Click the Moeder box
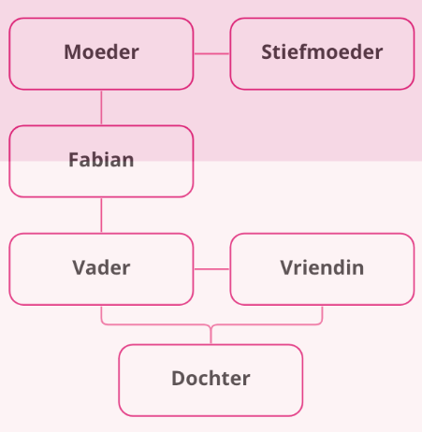(x=101, y=54)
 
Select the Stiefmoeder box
(x=322, y=54)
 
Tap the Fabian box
(x=101, y=162)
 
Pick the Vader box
(x=101, y=269)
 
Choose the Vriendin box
(x=322, y=269)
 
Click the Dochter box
(x=211, y=381)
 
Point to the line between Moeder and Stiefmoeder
(x=211, y=53)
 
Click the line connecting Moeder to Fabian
(x=101, y=108)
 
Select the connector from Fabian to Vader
(x=101, y=215)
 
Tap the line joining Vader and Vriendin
(x=211, y=268)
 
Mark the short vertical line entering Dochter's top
(x=211, y=335)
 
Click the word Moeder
(x=101, y=51)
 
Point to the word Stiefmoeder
(x=322, y=51)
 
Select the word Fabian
(x=101, y=160)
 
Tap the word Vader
(x=101, y=267)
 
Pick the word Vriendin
(x=322, y=267)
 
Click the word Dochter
(x=211, y=378)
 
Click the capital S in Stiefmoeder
(x=268, y=52)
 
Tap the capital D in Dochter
(x=179, y=379)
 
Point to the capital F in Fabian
(x=74, y=160)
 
